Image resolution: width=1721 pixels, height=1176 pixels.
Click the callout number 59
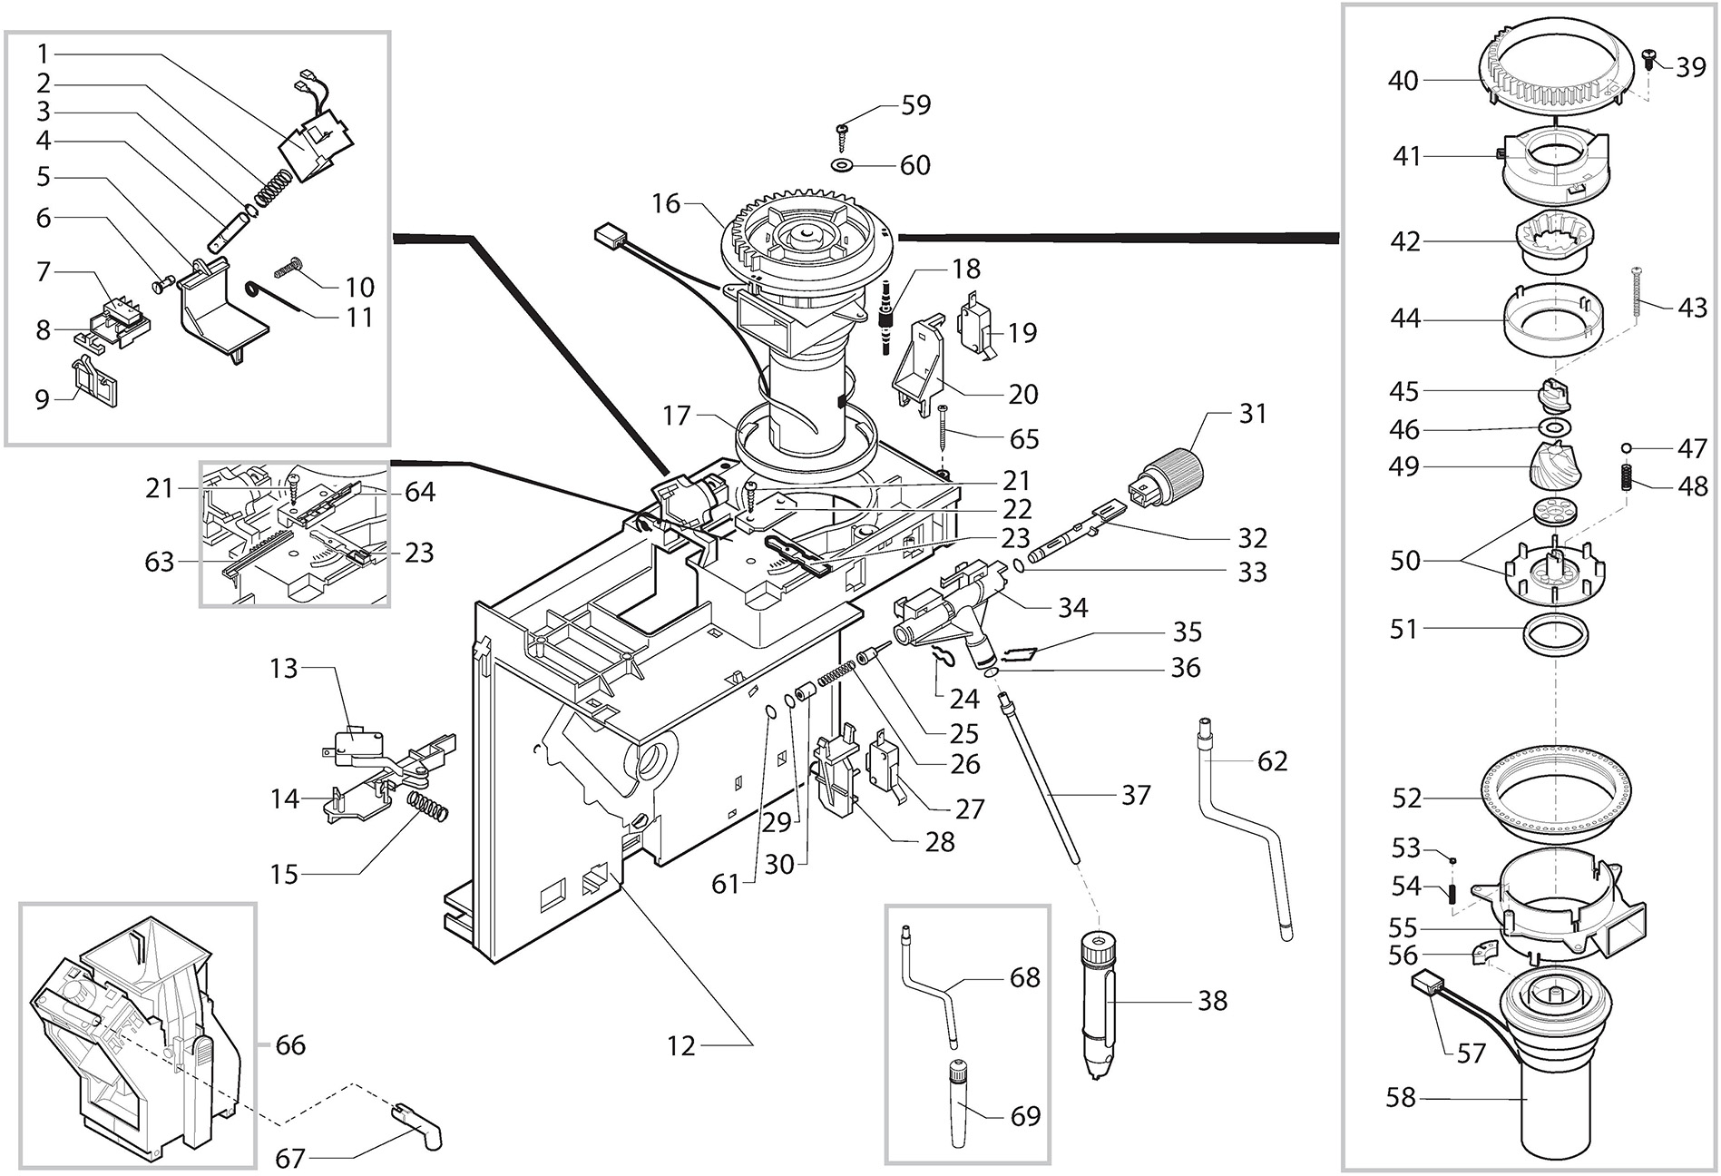point(915,105)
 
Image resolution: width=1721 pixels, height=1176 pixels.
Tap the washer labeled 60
point(843,166)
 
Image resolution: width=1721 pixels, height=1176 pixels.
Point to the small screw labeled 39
point(1650,61)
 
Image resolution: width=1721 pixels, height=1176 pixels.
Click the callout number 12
point(681,1045)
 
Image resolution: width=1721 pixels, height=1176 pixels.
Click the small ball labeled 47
point(1628,448)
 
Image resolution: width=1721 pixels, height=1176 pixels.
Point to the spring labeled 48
point(1628,476)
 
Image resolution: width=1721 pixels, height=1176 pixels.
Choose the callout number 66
point(290,1045)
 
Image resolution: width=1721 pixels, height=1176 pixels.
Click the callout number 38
point(1212,1000)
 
